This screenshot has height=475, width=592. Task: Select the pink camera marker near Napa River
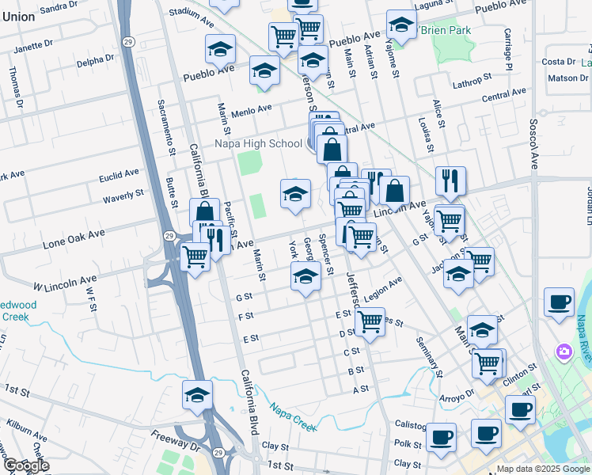coord(564,351)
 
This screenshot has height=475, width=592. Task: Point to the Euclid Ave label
coord(120,172)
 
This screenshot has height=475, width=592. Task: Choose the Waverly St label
coord(123,193)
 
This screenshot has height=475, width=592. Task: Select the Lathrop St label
coord(472,81)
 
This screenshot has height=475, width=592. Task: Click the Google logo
coord(26,466)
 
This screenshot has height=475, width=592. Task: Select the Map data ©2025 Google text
coord(544,469)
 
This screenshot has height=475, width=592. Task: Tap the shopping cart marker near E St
coord(370,321)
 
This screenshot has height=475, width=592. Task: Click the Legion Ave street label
coord(384,284)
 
